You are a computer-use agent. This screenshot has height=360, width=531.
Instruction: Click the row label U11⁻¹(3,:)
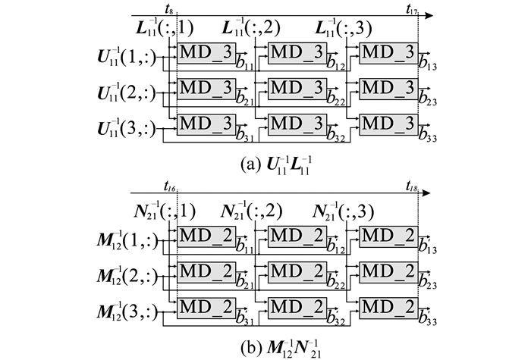(124, 125)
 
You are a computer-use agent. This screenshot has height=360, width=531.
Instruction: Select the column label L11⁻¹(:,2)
(250, 29)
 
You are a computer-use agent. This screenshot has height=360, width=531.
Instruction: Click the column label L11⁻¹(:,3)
(346, 29)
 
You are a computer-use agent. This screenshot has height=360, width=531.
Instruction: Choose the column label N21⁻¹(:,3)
(346, 212)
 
